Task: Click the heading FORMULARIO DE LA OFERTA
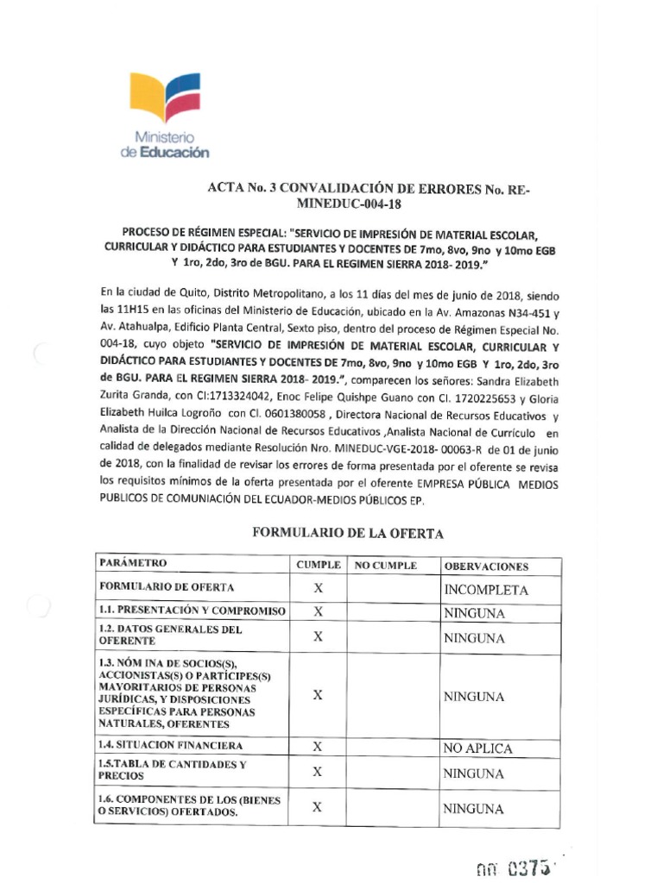(347, 534)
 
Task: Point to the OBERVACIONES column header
(485, 567)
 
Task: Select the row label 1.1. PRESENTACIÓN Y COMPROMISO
(192, 611)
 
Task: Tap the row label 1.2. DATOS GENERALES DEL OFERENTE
(171, 636)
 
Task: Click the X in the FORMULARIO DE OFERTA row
(318, 590)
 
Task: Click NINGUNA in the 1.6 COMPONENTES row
(473, 809)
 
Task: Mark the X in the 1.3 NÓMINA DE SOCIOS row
(318, 695)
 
